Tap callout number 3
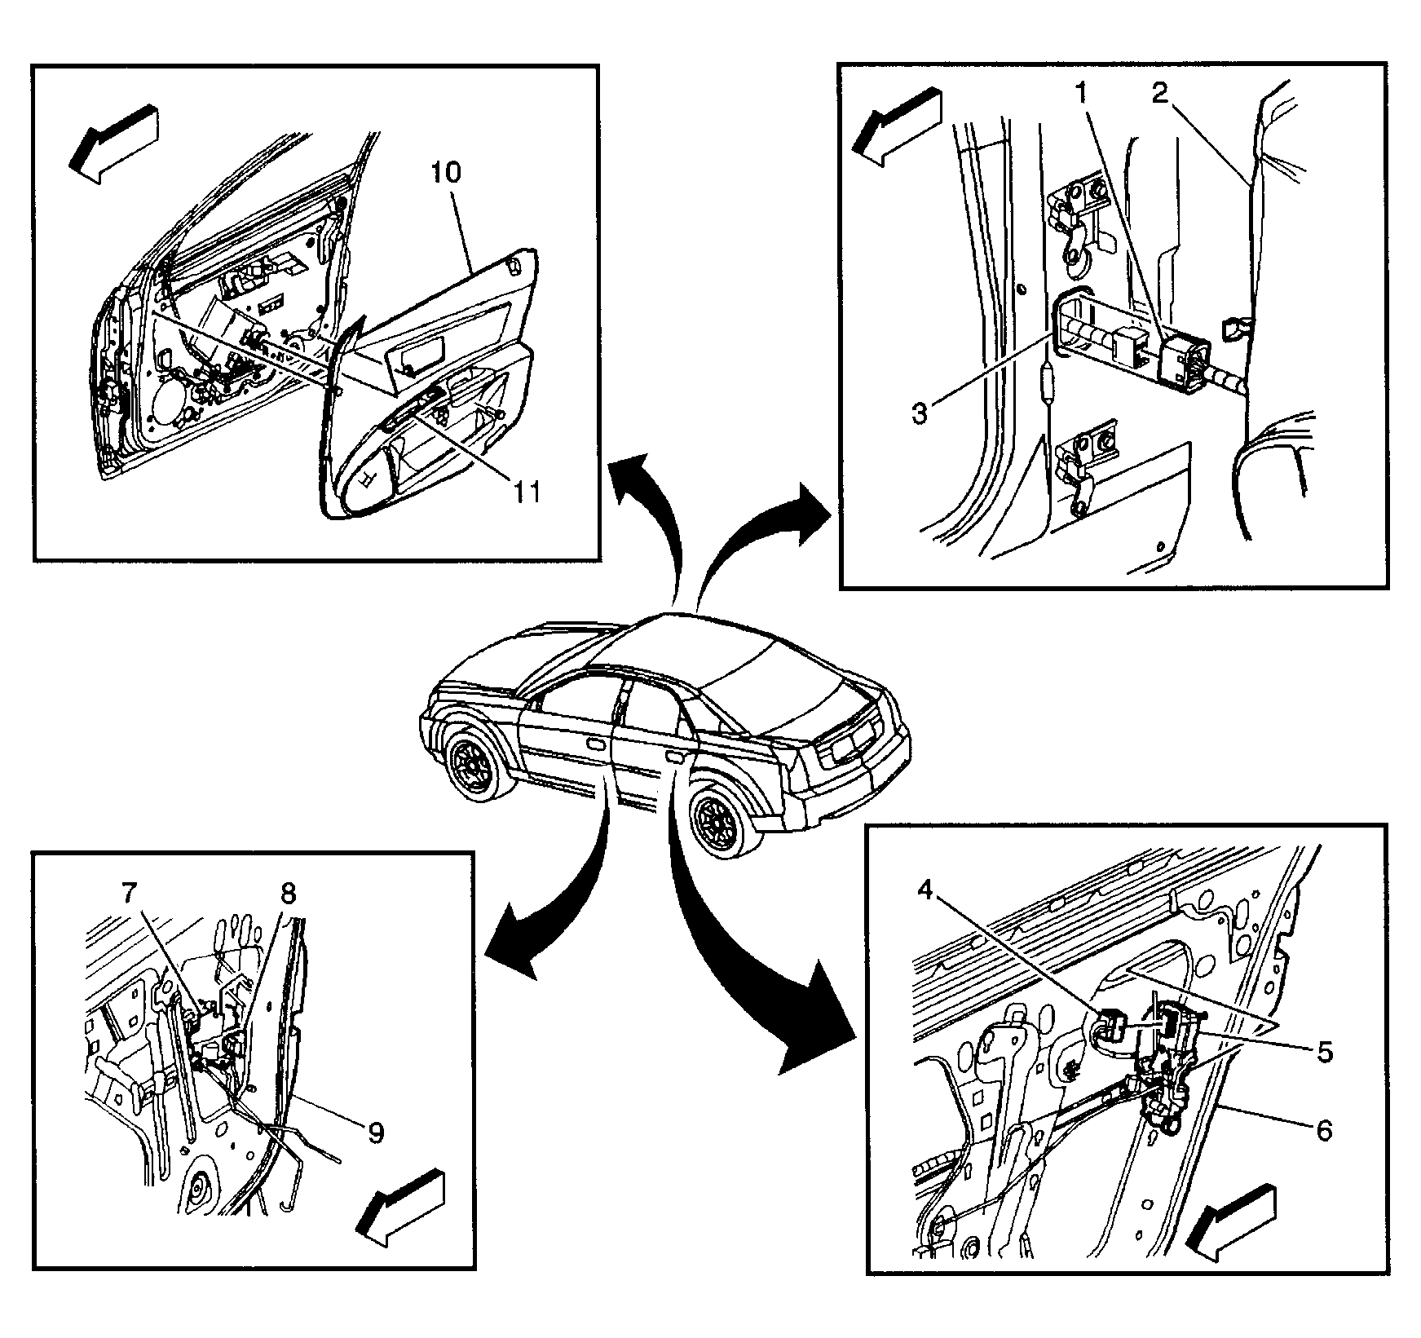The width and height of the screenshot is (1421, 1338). click(x=919, y=413)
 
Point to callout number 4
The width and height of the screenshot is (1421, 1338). click(x=924, y=890)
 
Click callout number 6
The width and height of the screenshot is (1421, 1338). click(x=1325, y=1130)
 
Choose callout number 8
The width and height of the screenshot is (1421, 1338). click(x=289, y=894)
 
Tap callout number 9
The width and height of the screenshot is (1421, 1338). click(x=375, y=1133)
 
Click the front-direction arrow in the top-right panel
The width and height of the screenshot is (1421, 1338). click(x=894, y=126)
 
